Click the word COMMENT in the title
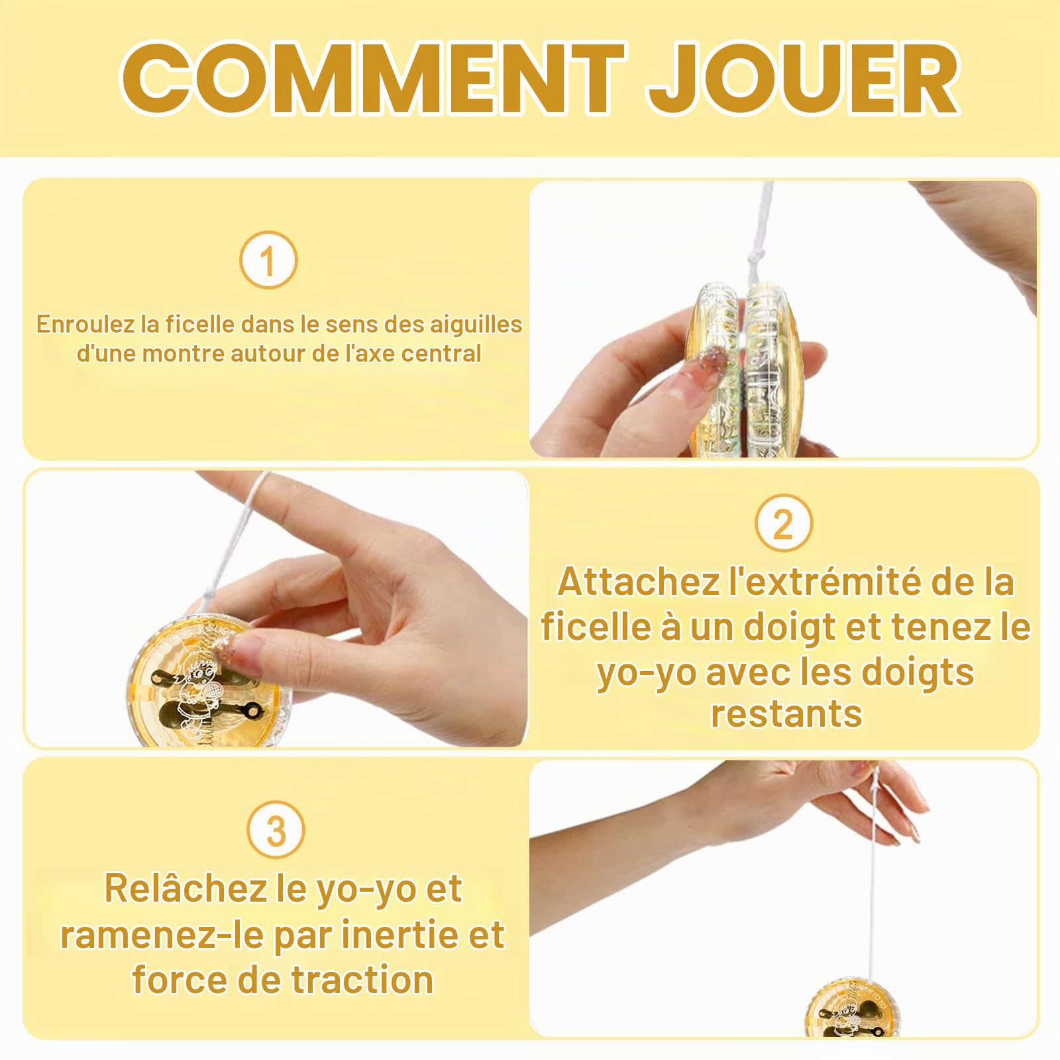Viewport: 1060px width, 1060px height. (373, 78)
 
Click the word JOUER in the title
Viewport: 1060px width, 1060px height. (803, 78)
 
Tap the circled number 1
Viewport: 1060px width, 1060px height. (268, 260)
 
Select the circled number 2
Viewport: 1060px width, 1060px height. (783, 523)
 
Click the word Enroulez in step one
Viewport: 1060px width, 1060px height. (85, 324)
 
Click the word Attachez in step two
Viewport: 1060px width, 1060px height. (639, 582)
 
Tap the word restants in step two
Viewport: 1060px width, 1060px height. (786, 714)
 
